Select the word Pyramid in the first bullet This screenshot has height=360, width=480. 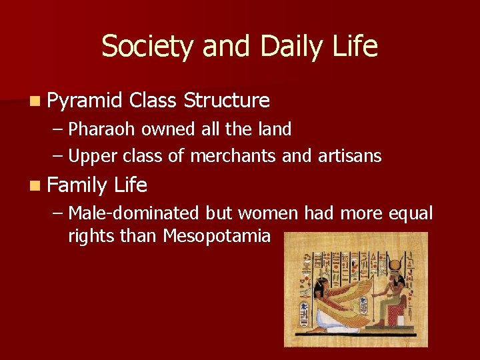pyautogui.click(x=85, y=101)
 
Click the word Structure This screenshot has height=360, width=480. pyautogui.click(x=227, y=101)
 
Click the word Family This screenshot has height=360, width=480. pyautogui.click(x=78, y=185)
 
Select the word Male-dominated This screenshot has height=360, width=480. pyautogui.click(x=133, y=213)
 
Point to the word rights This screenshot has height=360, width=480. pyautogui.click(x=90, y=236)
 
